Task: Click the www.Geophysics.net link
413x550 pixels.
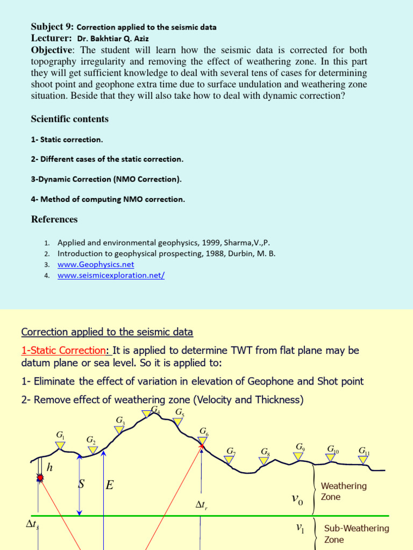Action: point(96,264)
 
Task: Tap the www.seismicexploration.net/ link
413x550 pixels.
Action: point(111,275)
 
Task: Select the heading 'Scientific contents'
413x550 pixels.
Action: point(69,119)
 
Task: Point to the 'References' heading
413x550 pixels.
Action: point(54,219)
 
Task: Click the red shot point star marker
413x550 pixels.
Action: point(40,477)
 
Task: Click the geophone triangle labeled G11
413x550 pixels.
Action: point(364,459)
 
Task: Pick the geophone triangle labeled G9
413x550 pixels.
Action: point(298,456)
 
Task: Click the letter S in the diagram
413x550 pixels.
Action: point(82,484)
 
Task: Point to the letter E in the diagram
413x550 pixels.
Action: point(110,486)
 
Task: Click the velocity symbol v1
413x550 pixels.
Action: point(300,529)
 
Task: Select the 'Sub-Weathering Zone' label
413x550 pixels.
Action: point(356,534)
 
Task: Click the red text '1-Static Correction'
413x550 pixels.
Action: point(64,350)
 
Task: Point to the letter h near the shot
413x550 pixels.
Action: point(49,467)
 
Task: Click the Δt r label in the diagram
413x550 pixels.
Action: point(201,505)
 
